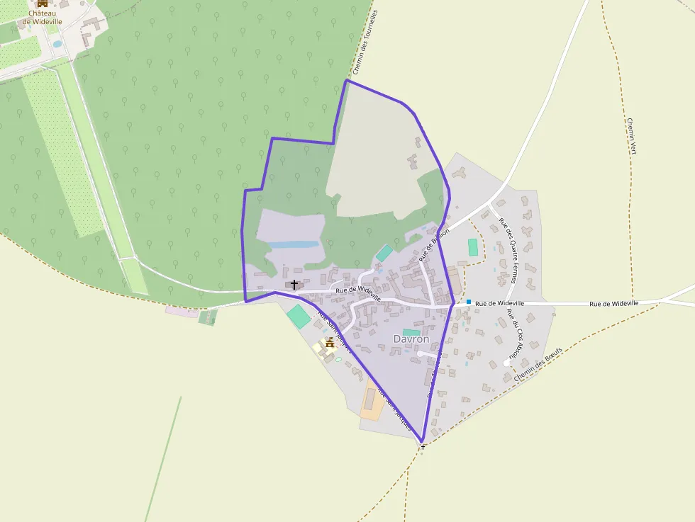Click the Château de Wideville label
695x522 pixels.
pos(43,17)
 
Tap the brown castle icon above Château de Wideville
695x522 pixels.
pos(43,4)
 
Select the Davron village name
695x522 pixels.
pos(411,339)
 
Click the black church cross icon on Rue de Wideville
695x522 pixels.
pos(294,284)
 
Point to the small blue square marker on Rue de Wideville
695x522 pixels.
pos(469,302)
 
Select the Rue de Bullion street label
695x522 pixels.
pos(434,241)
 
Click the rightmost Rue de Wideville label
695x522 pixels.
pos(614,303)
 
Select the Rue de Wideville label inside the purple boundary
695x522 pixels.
pos(358,293)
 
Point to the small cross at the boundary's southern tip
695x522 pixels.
pos(423,447)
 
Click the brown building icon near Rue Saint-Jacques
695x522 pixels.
pos(330,343)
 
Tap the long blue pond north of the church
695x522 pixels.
pos(293,244)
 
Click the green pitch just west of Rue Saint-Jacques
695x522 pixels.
pos(299,315)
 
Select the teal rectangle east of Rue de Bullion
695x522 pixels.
pos(473,247)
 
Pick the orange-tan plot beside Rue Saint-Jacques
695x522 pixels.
pos(371,402)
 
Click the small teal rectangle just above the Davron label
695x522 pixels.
pos(411,331)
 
